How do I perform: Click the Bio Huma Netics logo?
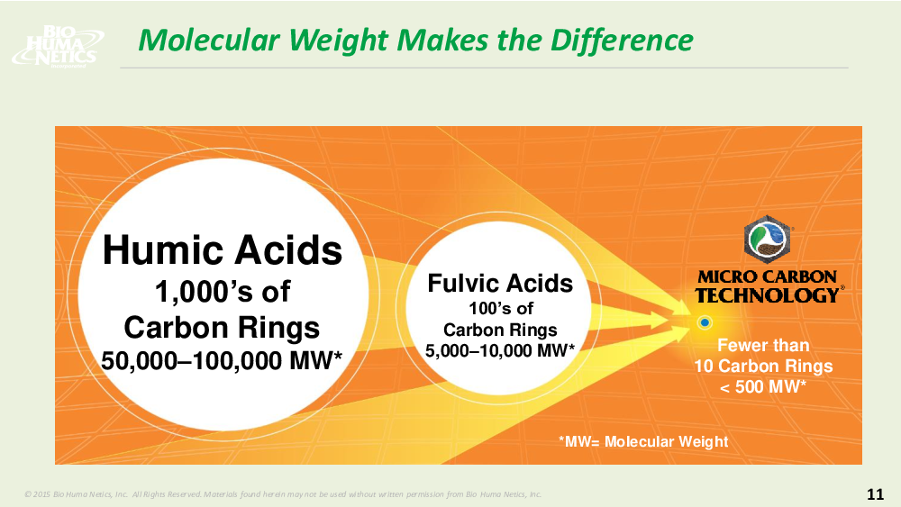tap(58, 47)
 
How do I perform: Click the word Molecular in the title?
tap(209, 41)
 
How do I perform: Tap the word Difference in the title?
tap(622, 41)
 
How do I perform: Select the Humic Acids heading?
tap(223, 250)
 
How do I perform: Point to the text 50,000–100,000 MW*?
tap(222, 360)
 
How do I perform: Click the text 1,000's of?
tap(223, 291)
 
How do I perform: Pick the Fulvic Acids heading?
tap(500, 283)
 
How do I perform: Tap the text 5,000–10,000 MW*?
tap(500, 350)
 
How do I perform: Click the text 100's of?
tap(500, 308)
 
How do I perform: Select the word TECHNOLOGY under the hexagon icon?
tap(767, 295)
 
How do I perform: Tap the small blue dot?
tap(705, 322)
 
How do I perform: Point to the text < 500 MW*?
tap(763, 386)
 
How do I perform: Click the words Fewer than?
tap(763, 345)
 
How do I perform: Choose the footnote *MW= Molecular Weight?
tap(643, 441)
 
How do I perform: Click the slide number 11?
tap(875, 493)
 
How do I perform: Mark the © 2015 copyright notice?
tap(283, 493)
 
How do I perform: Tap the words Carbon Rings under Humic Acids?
tap(222, 328)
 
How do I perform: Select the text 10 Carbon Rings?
tap(763, 366)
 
